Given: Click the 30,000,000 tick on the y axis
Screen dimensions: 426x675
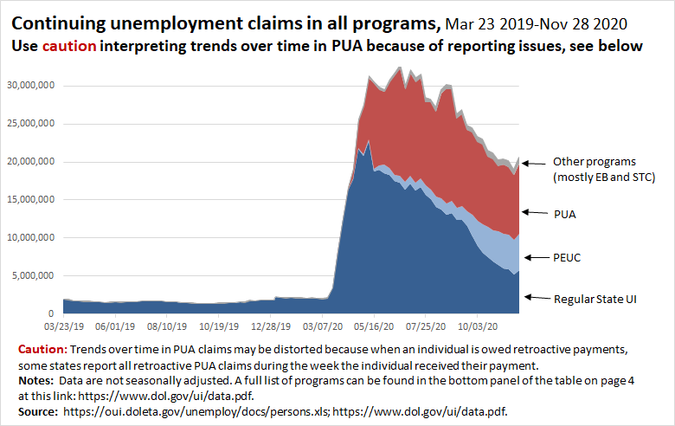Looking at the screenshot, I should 30,85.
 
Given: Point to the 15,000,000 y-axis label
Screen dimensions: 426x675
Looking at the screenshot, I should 30,199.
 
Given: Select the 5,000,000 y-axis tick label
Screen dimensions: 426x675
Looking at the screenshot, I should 33,275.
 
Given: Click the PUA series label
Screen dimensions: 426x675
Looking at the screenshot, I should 566,212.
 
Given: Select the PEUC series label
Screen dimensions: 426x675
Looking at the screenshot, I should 569,257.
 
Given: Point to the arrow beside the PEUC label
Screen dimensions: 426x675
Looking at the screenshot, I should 534,257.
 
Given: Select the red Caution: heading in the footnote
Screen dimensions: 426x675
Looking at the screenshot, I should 42,349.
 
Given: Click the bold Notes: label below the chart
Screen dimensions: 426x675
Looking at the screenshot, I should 36,378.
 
